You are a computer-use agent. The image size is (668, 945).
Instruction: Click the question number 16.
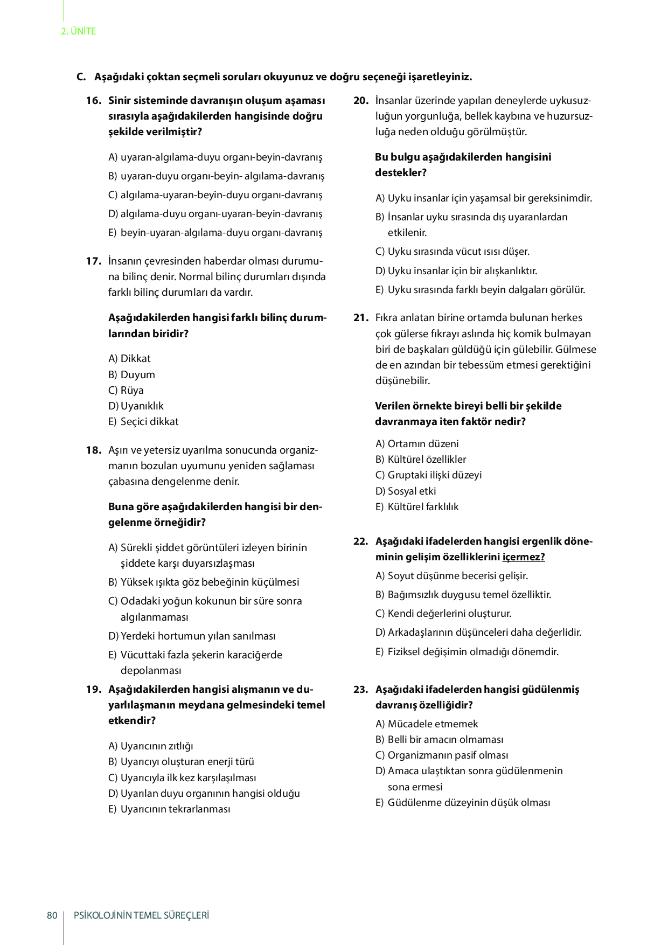[93, 101]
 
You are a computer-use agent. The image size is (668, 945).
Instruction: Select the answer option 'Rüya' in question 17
[131, 390]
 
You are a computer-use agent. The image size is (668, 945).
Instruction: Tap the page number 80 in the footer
[52, 915]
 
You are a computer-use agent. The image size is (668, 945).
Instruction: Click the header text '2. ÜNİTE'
[79, 31]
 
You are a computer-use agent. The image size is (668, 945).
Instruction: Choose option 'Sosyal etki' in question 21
[412, 491]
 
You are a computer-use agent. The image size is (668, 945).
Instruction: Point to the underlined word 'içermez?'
[523, 557]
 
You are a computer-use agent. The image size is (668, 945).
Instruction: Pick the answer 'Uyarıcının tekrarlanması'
[175, 809]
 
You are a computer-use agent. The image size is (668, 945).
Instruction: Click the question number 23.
[360, 690]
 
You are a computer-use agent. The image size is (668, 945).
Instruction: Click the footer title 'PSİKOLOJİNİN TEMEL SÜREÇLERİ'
[141, 915]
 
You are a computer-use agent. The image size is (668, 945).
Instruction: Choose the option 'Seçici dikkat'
[149, 422]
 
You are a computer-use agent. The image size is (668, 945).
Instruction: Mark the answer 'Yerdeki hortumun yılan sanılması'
[198, 636]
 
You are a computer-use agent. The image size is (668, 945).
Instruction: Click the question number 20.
[360, 101]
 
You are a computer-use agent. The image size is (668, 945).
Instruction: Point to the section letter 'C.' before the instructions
[81, 77]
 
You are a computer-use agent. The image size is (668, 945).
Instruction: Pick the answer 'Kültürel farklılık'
[423, 507]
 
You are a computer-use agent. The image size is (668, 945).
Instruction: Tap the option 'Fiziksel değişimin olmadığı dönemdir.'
[472, 652]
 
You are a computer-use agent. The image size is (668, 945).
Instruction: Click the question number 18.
[93, 450]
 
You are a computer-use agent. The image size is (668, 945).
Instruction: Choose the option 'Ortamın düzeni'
[423, 444]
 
